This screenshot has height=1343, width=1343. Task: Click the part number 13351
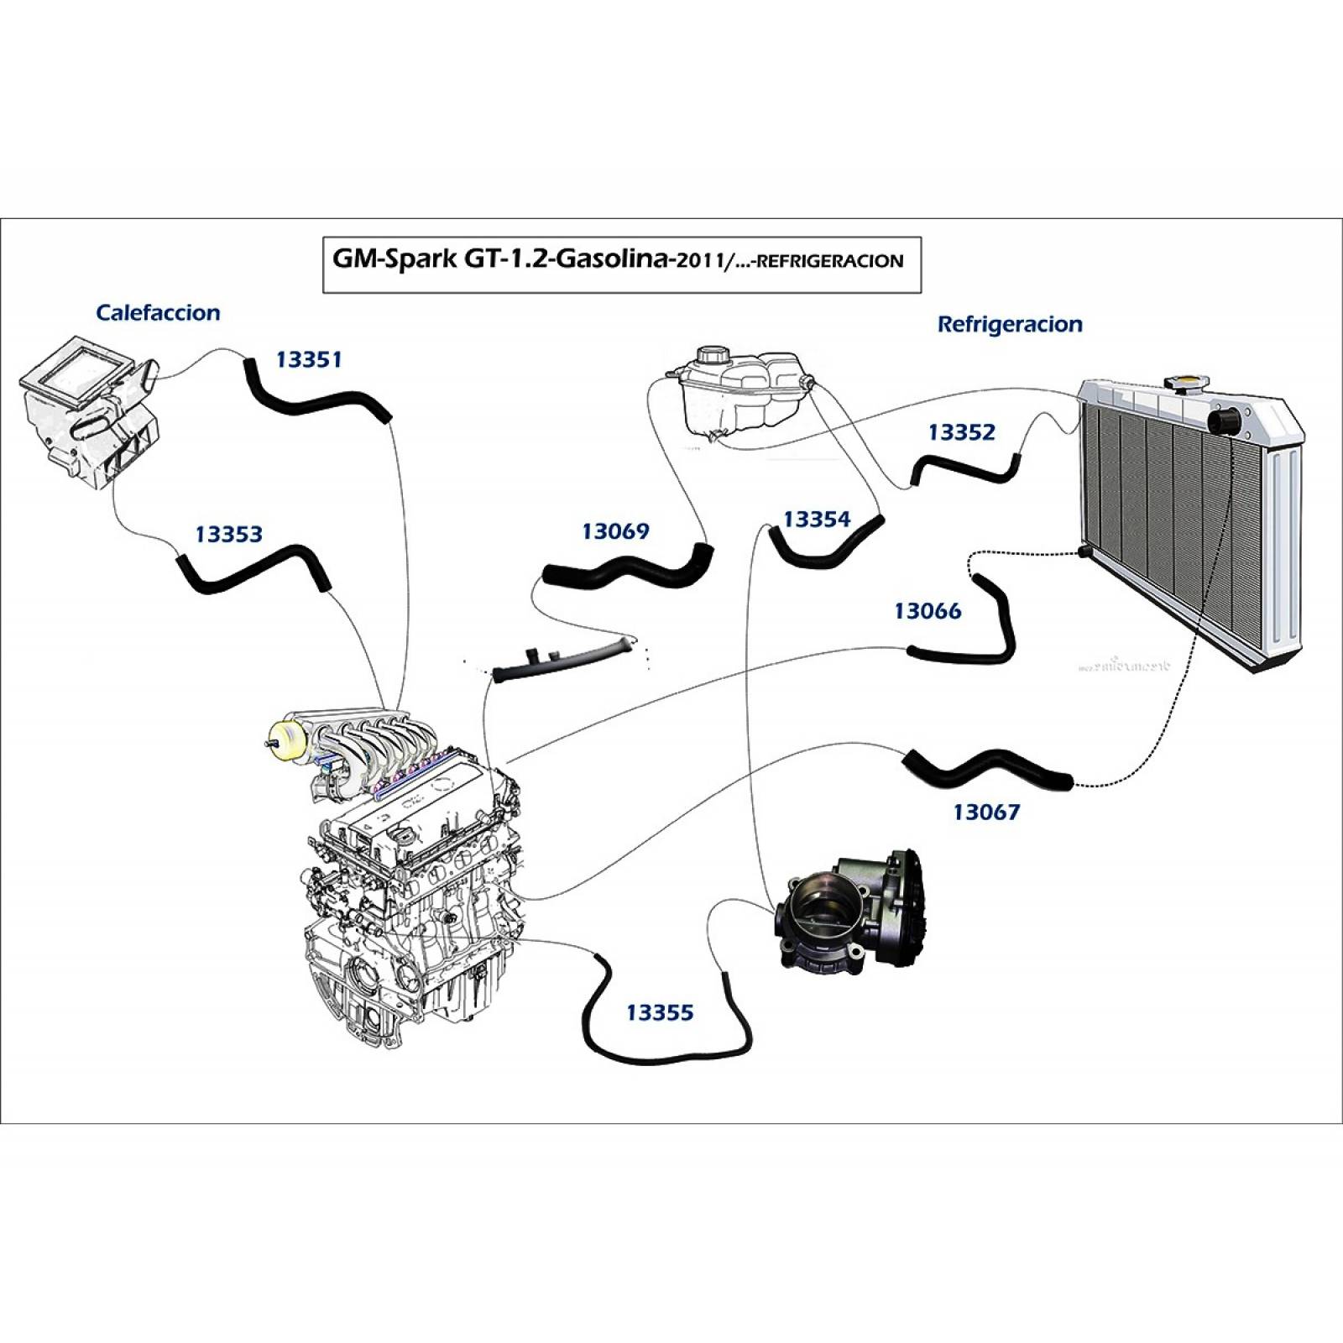[x=309, y=359]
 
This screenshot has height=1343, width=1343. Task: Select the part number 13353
[x=228, y=534]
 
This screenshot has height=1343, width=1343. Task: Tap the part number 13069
[x=615, y=530]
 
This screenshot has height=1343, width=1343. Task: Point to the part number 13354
[x=817, y=520]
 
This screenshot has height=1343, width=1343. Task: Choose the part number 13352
[x=961, y=432]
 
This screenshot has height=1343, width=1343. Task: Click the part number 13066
[x=928, y=611]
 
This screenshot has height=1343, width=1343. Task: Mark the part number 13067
[x=986, y=812]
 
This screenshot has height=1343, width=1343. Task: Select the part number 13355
[x=660, y=1012]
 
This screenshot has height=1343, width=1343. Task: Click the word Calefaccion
[x=158, y=313]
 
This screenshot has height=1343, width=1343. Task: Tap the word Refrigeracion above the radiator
[x=1010, y=324]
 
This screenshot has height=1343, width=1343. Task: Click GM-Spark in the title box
[x=395, y=259]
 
